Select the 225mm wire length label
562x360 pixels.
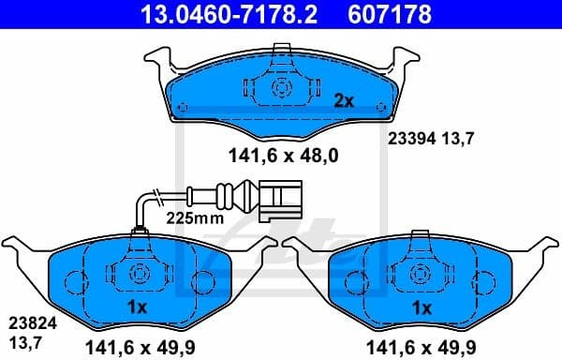[193, 217]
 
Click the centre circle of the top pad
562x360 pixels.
[281, 86]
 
